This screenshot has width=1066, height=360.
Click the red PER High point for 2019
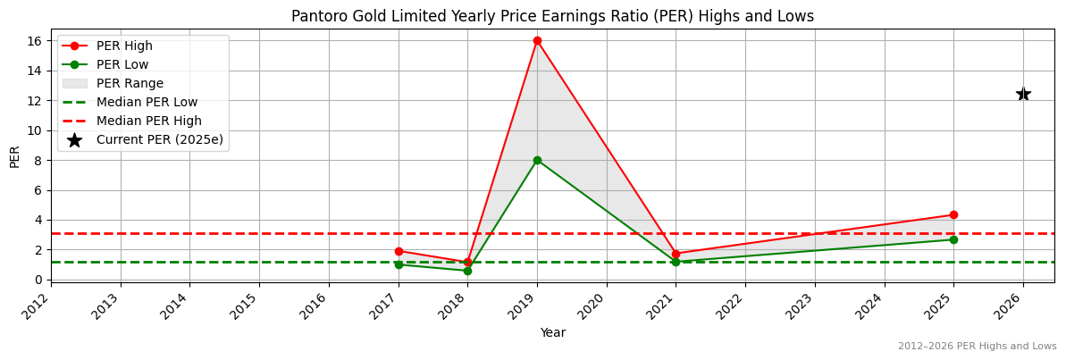coord(537,40)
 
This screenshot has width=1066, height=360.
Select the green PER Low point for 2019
coord(537,160)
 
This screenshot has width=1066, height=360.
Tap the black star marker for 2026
coord(1023,94)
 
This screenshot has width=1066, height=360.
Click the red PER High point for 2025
coord(953,214)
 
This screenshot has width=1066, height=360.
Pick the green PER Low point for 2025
coord(953,239)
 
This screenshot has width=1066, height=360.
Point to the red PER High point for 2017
coord(399,251)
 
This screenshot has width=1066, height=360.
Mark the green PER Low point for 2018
coord(467,271)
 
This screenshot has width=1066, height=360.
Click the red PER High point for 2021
coord(676,254)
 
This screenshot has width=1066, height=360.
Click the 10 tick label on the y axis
coord(34,130)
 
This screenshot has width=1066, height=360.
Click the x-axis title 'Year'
coord(552,332)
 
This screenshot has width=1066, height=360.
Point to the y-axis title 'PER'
coord(14,155)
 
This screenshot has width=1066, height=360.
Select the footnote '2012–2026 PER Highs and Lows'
coord(977,347)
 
